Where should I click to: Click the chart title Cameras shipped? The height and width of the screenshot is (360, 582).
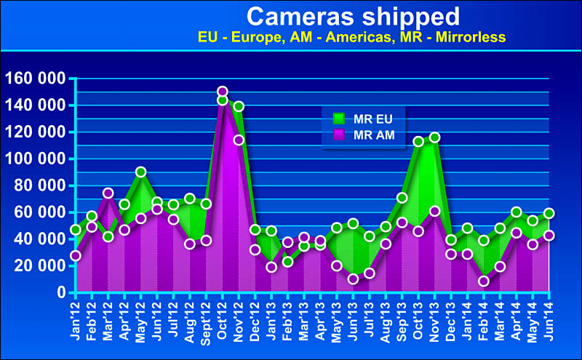pyautogui.click(x=353, y=15)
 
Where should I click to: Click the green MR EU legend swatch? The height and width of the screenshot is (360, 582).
pyautogui.click(x=338, y=119)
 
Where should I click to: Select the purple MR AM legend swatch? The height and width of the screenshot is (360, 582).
pyautogui.click(x=338, y=135)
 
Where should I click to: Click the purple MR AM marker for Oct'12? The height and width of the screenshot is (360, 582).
pyautogui.click(x=223, y=92)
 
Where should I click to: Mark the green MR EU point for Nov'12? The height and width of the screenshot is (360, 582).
pyautogui.click(x=239, y=106)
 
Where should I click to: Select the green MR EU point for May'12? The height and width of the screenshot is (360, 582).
pyautogui.click(x=141, y=172)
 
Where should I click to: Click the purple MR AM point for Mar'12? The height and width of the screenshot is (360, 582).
pyautogui.click(x=108, y=193)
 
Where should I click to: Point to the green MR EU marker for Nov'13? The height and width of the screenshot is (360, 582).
pyautogui.click(x=435, y=137)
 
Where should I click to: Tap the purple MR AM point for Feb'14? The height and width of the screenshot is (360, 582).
pyautogui.click(x=484, y=281)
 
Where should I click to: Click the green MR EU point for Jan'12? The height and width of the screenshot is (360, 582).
pyautogui.click(x=76, y=230)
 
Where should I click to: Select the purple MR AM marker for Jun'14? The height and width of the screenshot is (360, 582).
pyautogui.click(x=549, y=236)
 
